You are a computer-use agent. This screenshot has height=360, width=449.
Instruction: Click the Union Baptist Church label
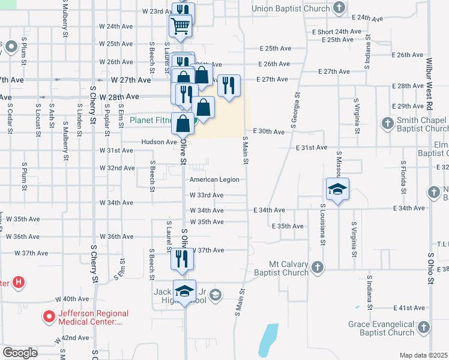pos(291,8)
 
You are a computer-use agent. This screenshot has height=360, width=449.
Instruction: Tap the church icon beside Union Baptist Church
pos(339,8)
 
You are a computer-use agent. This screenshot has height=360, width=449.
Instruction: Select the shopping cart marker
pos(181,27)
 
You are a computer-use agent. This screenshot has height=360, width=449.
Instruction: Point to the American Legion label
pos(214,179)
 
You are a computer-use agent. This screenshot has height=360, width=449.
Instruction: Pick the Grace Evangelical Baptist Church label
pos(381,328)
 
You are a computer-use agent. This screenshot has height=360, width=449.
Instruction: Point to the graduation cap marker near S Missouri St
pos(337,189)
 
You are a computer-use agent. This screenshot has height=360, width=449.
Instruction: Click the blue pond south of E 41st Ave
pos(268,340)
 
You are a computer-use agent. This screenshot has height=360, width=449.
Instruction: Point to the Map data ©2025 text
pos(423,355)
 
